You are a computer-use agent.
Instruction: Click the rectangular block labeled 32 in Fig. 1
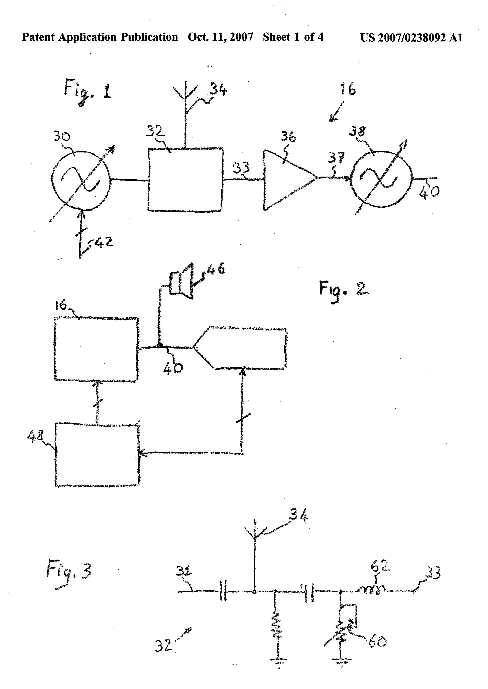coord(185,180)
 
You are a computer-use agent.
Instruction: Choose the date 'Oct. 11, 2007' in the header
coord(220,37)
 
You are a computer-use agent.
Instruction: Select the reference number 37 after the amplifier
coord(337,158)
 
